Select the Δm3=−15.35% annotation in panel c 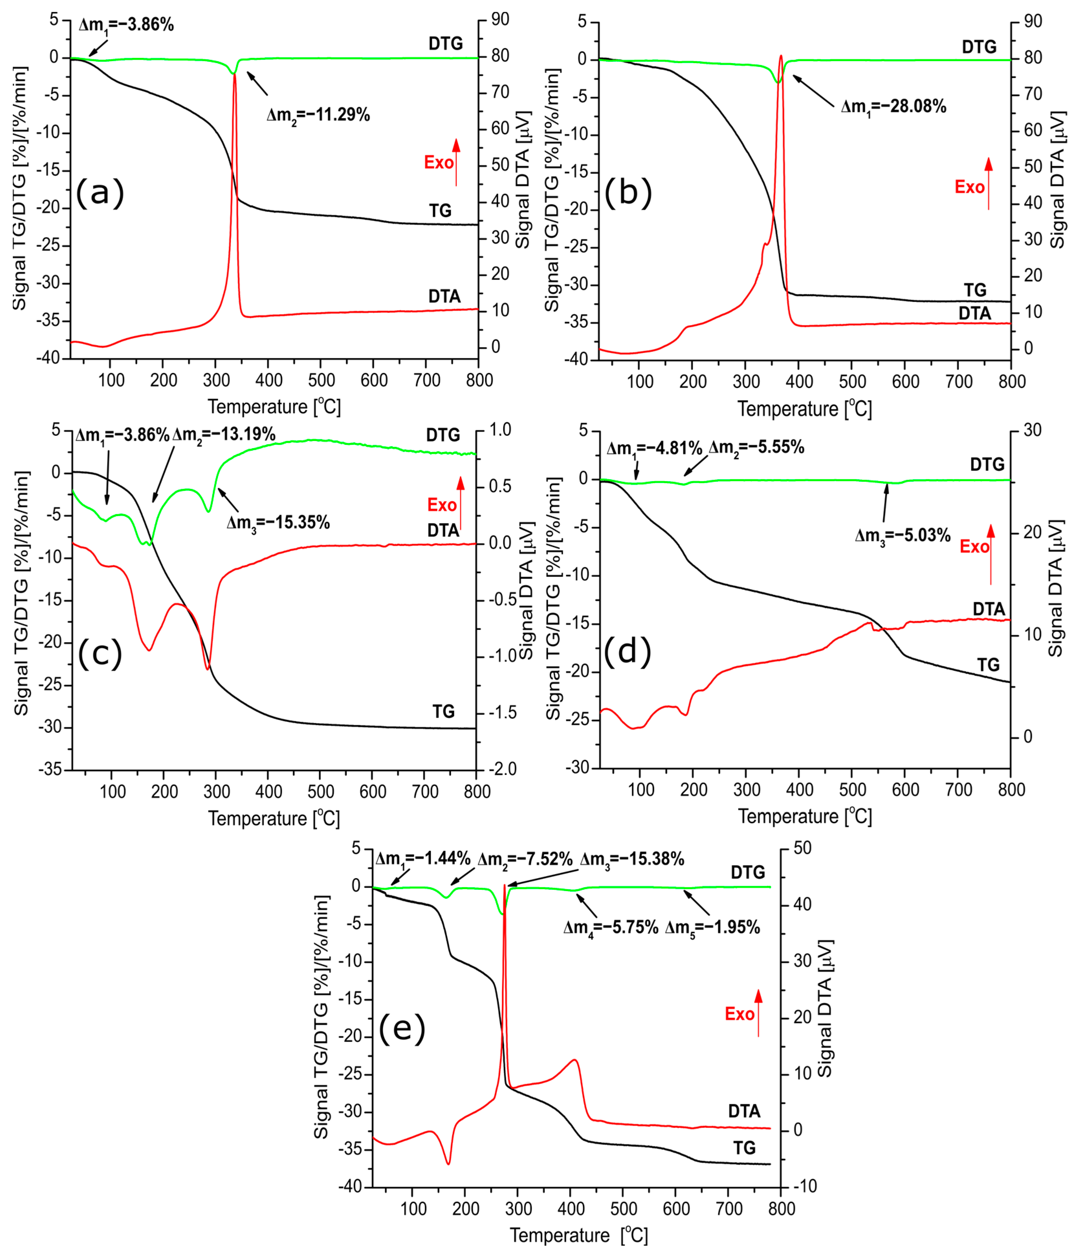pyautogui.click(x=278, y=523)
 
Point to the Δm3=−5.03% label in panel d pyautogui.click(x=903, y=535)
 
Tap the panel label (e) pyautogui.click(x=402, y=1029)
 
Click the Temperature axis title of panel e pyautogui.click(x=579, y=1236)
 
